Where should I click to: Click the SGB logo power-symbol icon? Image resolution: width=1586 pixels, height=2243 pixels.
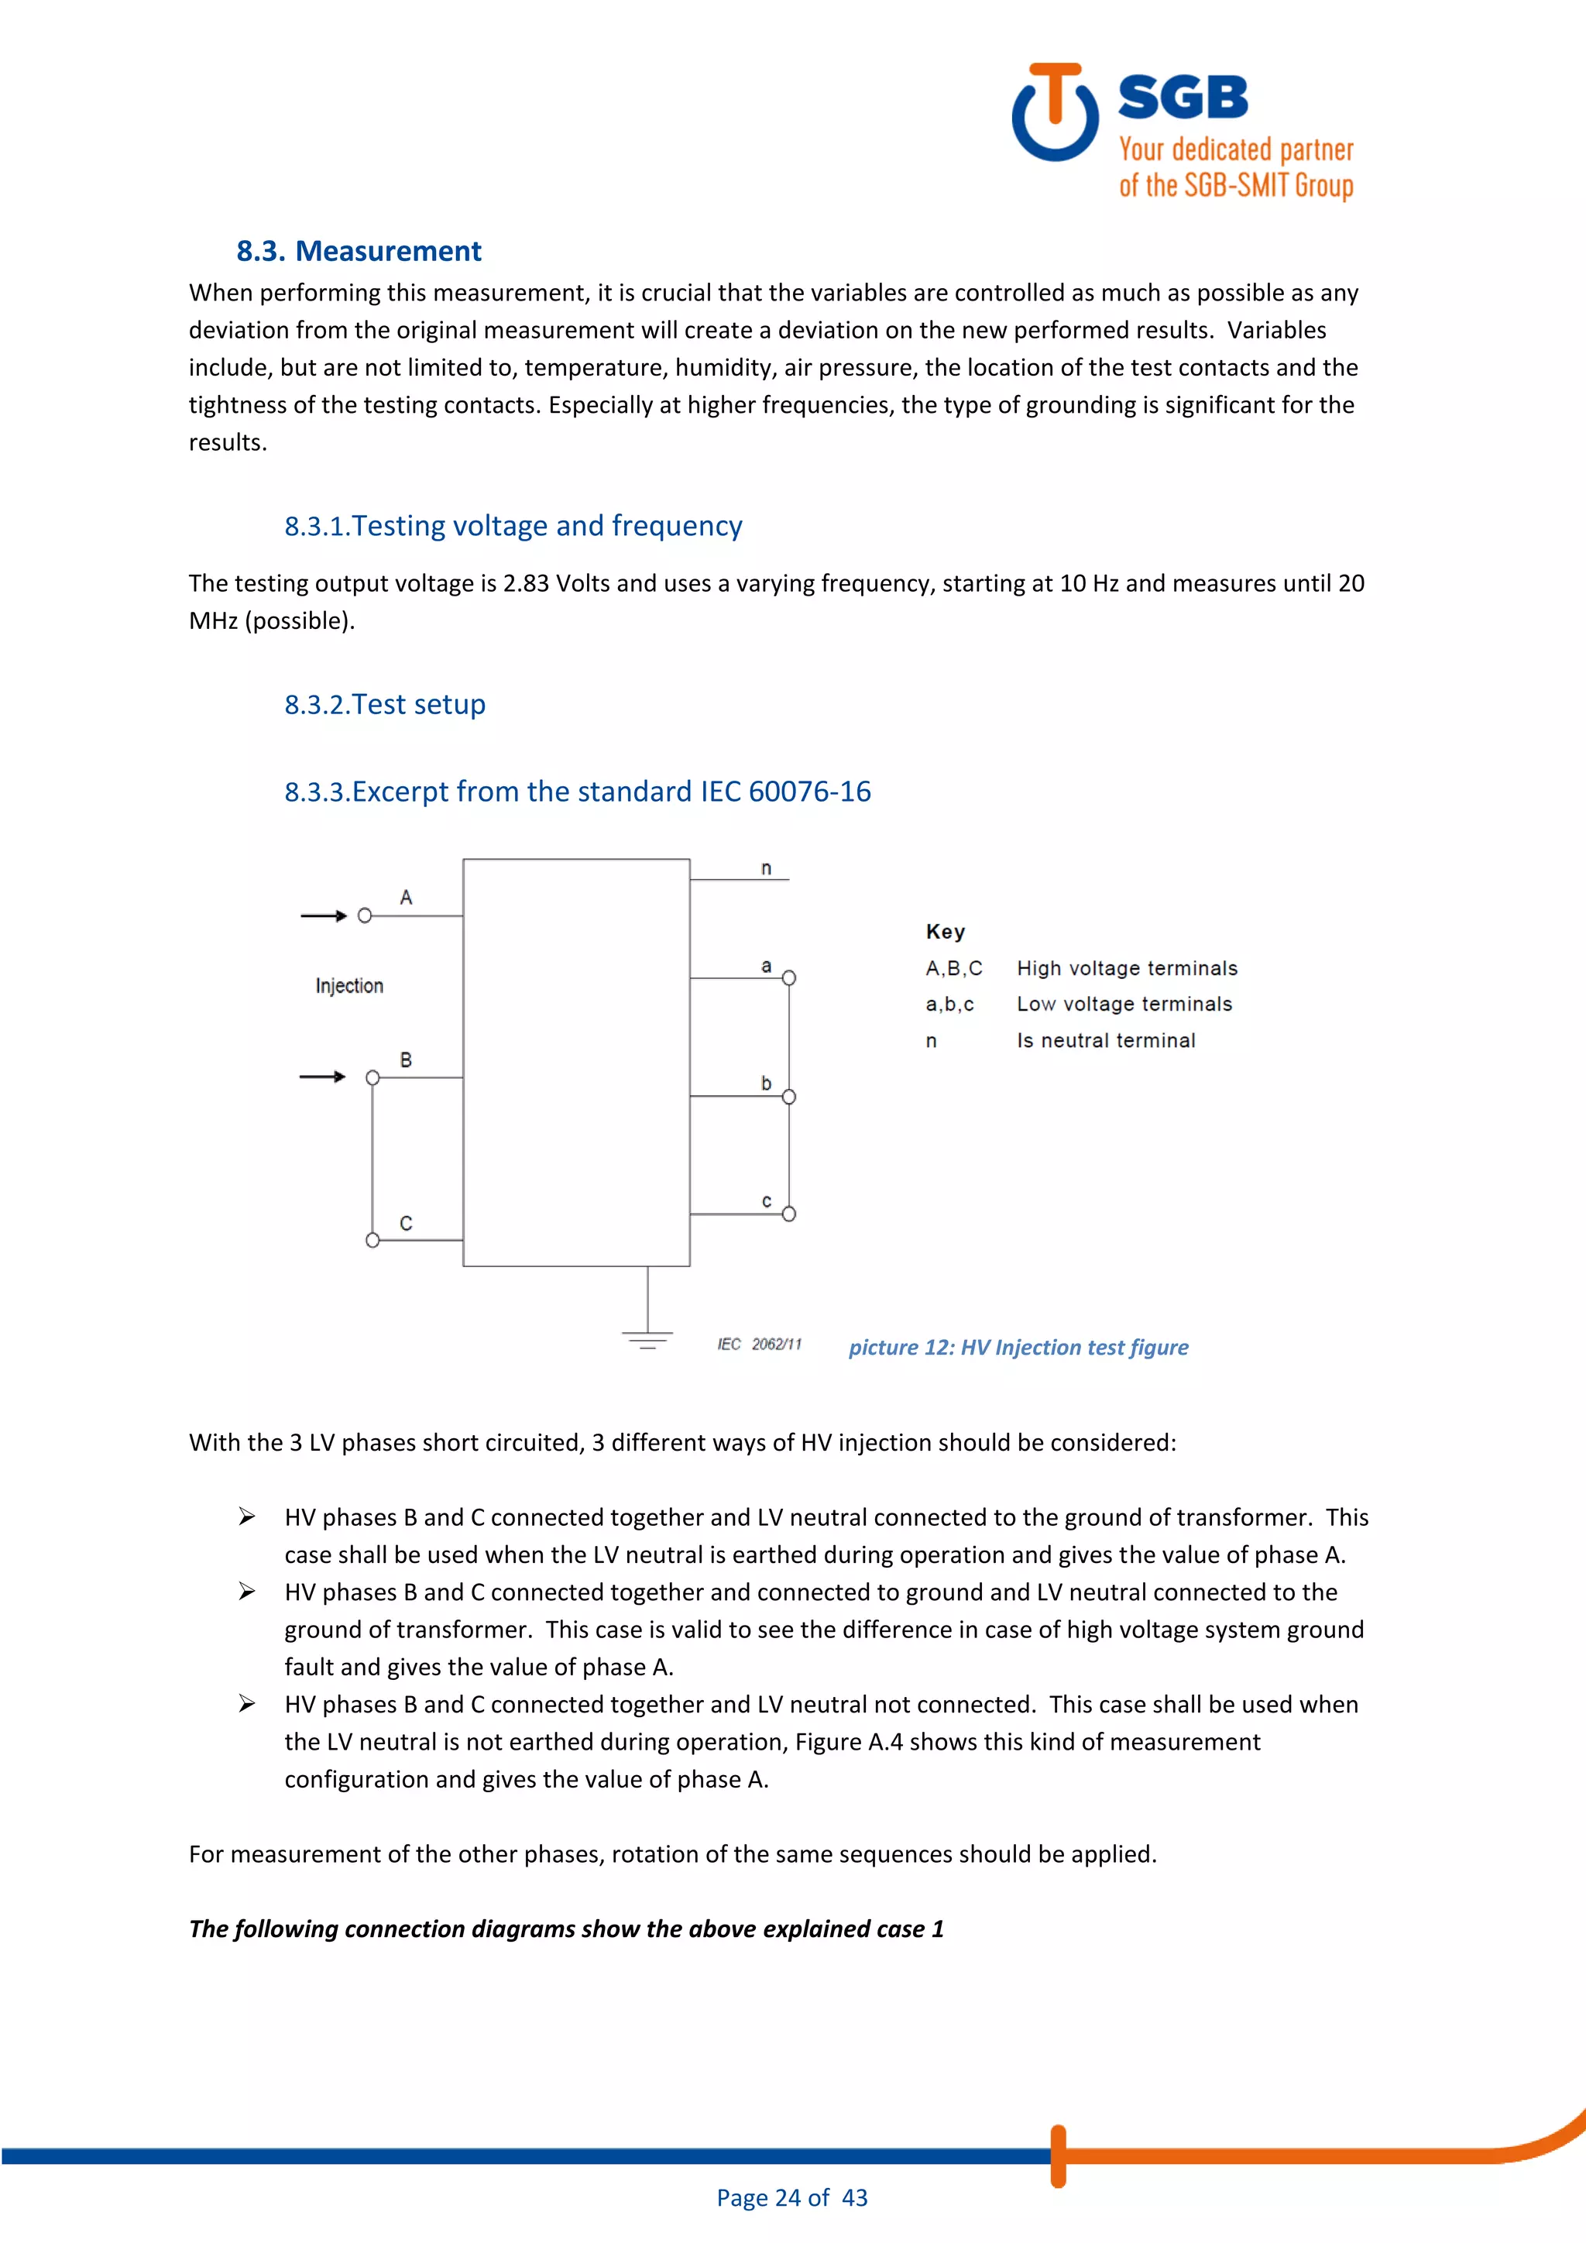pyautogui.click(x=1055, y=113)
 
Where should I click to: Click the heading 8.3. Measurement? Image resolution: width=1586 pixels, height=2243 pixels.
pyautogui.click(x=359, y=251)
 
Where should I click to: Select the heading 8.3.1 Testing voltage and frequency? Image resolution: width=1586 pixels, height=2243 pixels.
pyautogui.click(x=513, y=527)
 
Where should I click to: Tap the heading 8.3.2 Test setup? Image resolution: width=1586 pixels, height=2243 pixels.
pyautogui.click(x=385, y=704)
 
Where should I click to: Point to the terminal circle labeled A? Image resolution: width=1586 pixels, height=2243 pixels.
pyautogui.click(x=364, y=915)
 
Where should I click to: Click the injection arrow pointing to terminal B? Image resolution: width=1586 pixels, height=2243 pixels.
pyautogui.click(x=323, y=1077)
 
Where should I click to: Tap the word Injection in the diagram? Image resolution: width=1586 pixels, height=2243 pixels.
pyautogui.click(x=348, y=986)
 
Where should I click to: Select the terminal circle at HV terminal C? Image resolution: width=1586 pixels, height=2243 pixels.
pyautogui.click(x=372, y=1240)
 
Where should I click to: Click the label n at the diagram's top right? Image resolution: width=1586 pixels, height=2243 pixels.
pyautogui.click(x=766, y=868)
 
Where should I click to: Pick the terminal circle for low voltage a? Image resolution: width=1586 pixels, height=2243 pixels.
pyautogui.click(x=789, y=978)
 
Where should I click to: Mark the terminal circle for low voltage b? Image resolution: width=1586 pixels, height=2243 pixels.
pyautogui.click(x=789, y=1096)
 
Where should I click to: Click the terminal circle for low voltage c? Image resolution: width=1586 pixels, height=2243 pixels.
pyautogui.click(x=789, y=1214)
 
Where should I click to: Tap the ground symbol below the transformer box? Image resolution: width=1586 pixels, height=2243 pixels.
pyautogui.click(x=647, y=1338)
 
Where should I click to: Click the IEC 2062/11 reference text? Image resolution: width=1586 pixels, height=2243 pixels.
pyautogui.click(x=759, y=1345)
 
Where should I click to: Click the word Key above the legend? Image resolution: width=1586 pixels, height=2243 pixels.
pyautogui.click(x=944, y=932)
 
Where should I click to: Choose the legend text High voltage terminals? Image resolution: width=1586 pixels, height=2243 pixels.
pyautogui.click(x=1126, y=968)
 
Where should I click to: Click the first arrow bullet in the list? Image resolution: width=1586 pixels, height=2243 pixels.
pyautogui.click(x=247, y=1517)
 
